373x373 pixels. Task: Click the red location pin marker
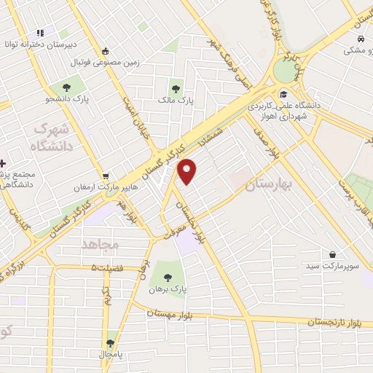[188, 170]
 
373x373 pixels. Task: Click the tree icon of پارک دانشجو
[76, 87]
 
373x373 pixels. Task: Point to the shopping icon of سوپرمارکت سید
[333, 255]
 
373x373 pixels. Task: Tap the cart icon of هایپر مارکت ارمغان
[106, 176]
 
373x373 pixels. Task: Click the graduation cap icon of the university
[283, 94]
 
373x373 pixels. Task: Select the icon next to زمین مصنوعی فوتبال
[106, 51]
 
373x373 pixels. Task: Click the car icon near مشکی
[360, 37]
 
